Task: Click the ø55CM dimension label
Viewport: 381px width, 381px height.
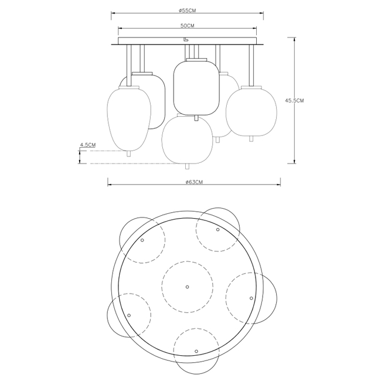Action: click(187, 10)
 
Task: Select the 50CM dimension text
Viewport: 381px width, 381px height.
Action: click(188, 26)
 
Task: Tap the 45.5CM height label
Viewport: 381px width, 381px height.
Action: click(294, 100)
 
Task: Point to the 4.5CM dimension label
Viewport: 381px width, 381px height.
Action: click(88, 145)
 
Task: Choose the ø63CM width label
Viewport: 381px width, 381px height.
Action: click(194, 182)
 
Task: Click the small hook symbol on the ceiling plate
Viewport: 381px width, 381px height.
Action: click(186, 39)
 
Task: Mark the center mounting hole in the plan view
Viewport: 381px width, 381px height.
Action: click(188, 287)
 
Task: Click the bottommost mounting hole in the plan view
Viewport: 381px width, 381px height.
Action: click(196, 351)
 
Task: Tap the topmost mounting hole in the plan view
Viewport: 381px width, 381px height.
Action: click(217, 230)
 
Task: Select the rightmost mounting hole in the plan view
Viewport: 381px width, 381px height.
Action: click(251, 298)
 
